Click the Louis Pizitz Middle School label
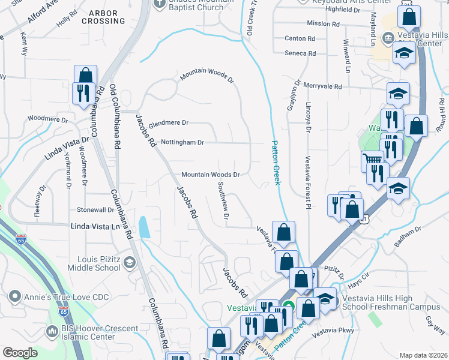click(99, 263)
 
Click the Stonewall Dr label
click(95, 210)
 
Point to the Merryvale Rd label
click(322, 86)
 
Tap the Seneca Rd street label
click(300, 53)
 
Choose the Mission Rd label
click(319, 23)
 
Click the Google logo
click(20, 353)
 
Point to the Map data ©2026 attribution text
click(423, 355)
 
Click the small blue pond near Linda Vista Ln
click(144, 227)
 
